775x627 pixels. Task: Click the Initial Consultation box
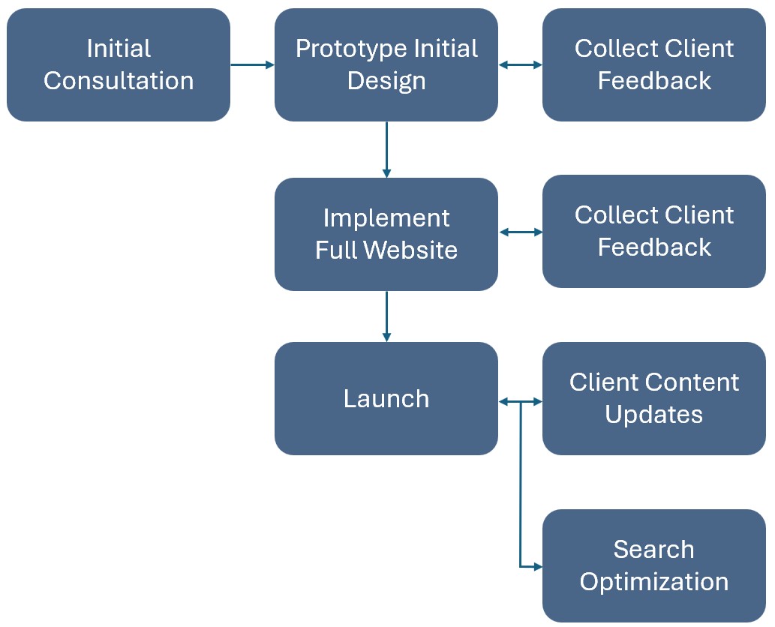pyautogui.click(x=119, y=64)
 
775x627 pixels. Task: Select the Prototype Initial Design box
pyautogui.click(x=386, y=64)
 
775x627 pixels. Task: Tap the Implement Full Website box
pyautogui.click(x=386, y=234)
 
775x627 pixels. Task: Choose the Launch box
pyautogui.click(x=386, y=398)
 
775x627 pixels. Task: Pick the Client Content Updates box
pyautogui.click(x=653, y=398)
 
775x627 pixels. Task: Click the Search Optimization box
pyautogui.click(x=653, y=565)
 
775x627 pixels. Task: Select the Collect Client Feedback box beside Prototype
pyautogui.click(x=653, y=64)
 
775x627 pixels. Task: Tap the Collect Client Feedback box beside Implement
pyautogui.click(x=653, y=231)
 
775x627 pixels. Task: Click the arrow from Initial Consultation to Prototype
pyautogui.click(x=252, y=65)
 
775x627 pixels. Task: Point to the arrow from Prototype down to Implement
pyautogui.click(x=386, y=149)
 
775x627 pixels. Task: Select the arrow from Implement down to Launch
pyautogui.click(x=386, y=316)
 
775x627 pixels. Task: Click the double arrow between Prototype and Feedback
pyautogui.click(x=521, y=65)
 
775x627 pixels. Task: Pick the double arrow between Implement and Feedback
pyautogui.click(x=521, y=232)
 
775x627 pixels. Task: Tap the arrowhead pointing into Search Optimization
pyautogui.click(x=537, y=567)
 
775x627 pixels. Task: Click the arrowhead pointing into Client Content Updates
pyautogui.click(x=537, y=402)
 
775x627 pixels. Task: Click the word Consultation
pyautogui.click(x=119, y=81)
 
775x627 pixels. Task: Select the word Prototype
pyautogui.click(x=346, y=49)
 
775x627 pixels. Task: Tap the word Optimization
pyautogui.click(x=653, y=582)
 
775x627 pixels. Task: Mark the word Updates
pyautogui.click(x=653, y=415)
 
